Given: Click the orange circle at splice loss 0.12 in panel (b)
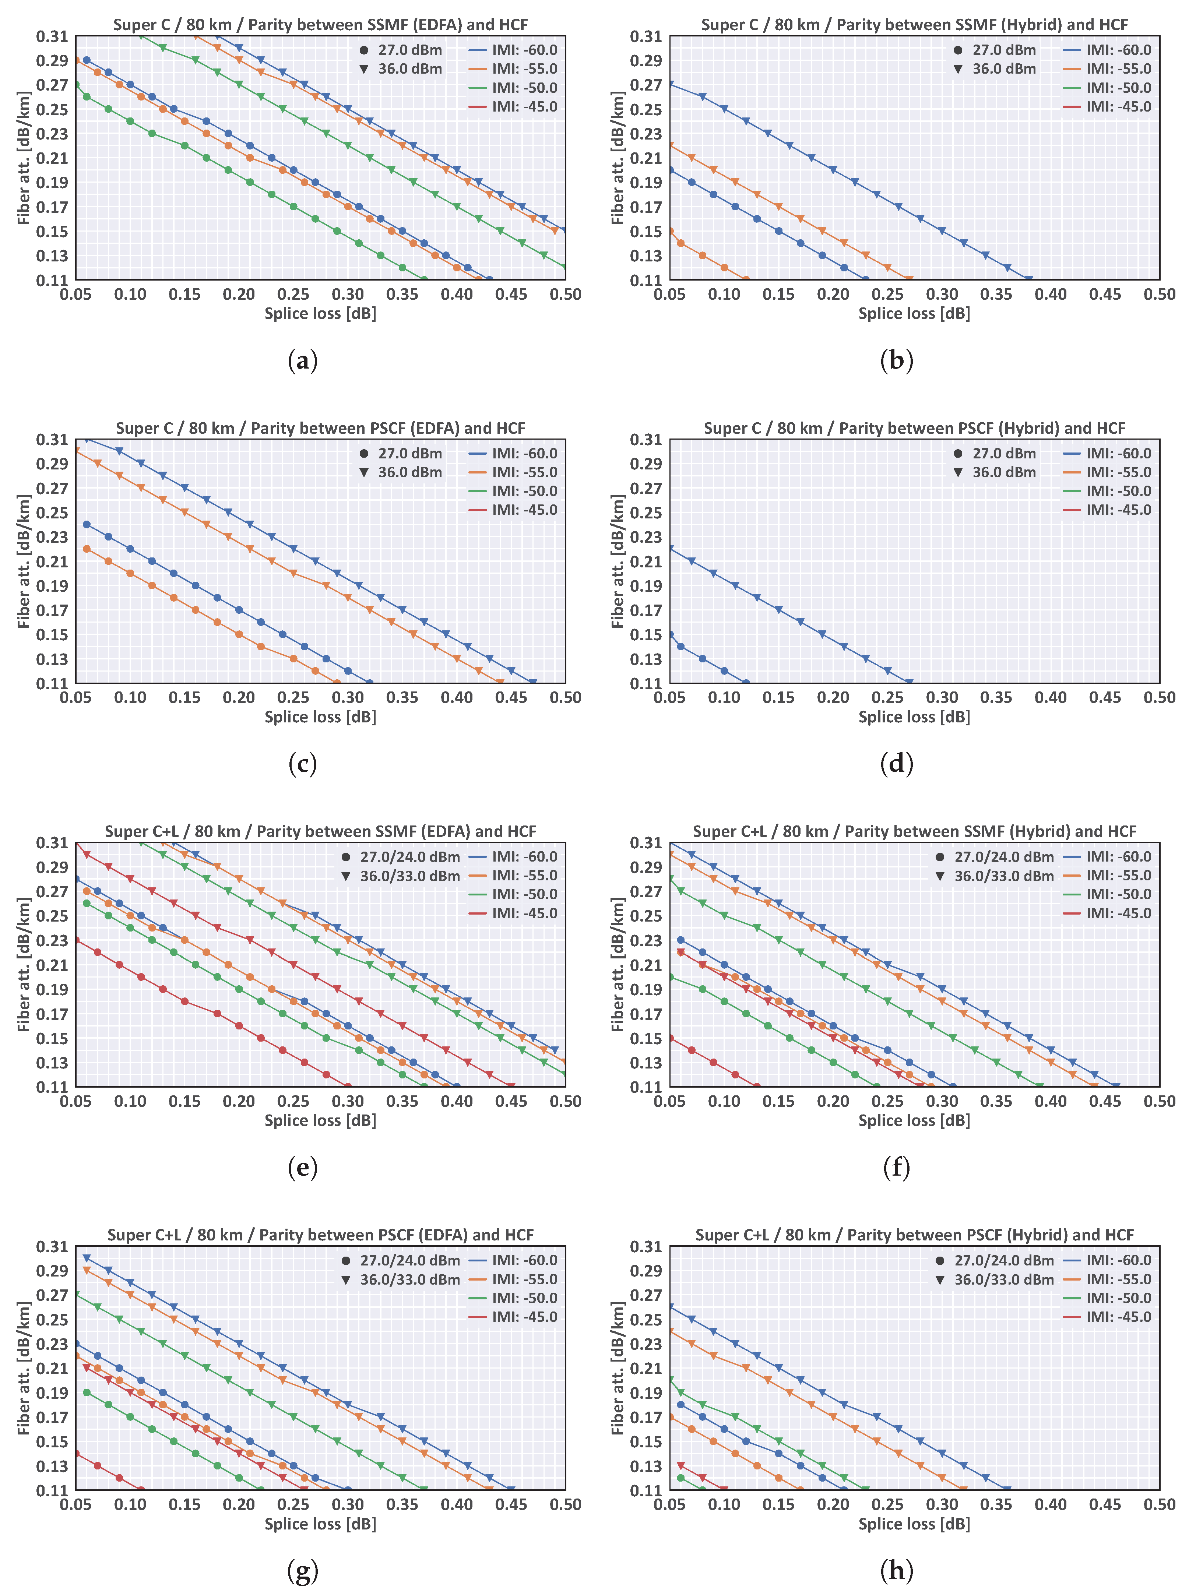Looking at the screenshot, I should coord(746,279).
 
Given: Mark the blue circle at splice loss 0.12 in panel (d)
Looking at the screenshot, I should coord(746,682).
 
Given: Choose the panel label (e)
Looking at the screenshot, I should coord(302,1167).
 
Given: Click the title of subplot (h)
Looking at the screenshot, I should coord(914,1235).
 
